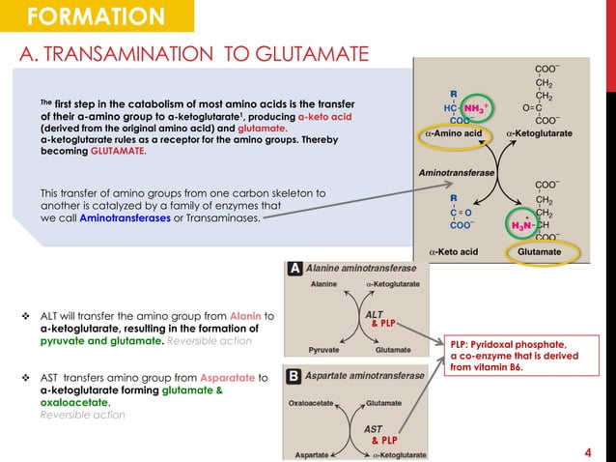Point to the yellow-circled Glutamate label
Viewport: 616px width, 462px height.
[537, 249]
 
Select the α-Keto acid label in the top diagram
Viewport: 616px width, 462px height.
[453, 250]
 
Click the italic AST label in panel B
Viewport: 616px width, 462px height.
[373, 427]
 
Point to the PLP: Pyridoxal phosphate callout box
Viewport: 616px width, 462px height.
[518, 359]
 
